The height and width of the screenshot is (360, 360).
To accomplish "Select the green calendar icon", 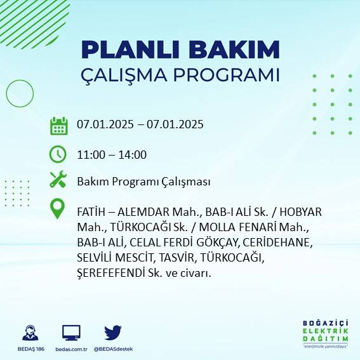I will pos(58,126).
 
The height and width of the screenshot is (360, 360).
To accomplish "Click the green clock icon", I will pos(58,154).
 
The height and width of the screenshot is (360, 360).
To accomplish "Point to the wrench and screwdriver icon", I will pos(58,181).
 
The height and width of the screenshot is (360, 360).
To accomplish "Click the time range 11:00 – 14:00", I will pos(112,154).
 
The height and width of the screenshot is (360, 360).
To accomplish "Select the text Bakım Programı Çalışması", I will pos(143,182).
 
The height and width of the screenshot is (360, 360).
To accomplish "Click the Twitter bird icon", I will pos(112,332).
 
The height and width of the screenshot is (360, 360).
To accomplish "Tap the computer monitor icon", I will pos(71,332).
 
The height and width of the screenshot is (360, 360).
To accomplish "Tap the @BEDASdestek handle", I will pos(113,349).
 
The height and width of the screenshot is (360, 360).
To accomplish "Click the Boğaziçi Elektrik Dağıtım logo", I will pos(325,333).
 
